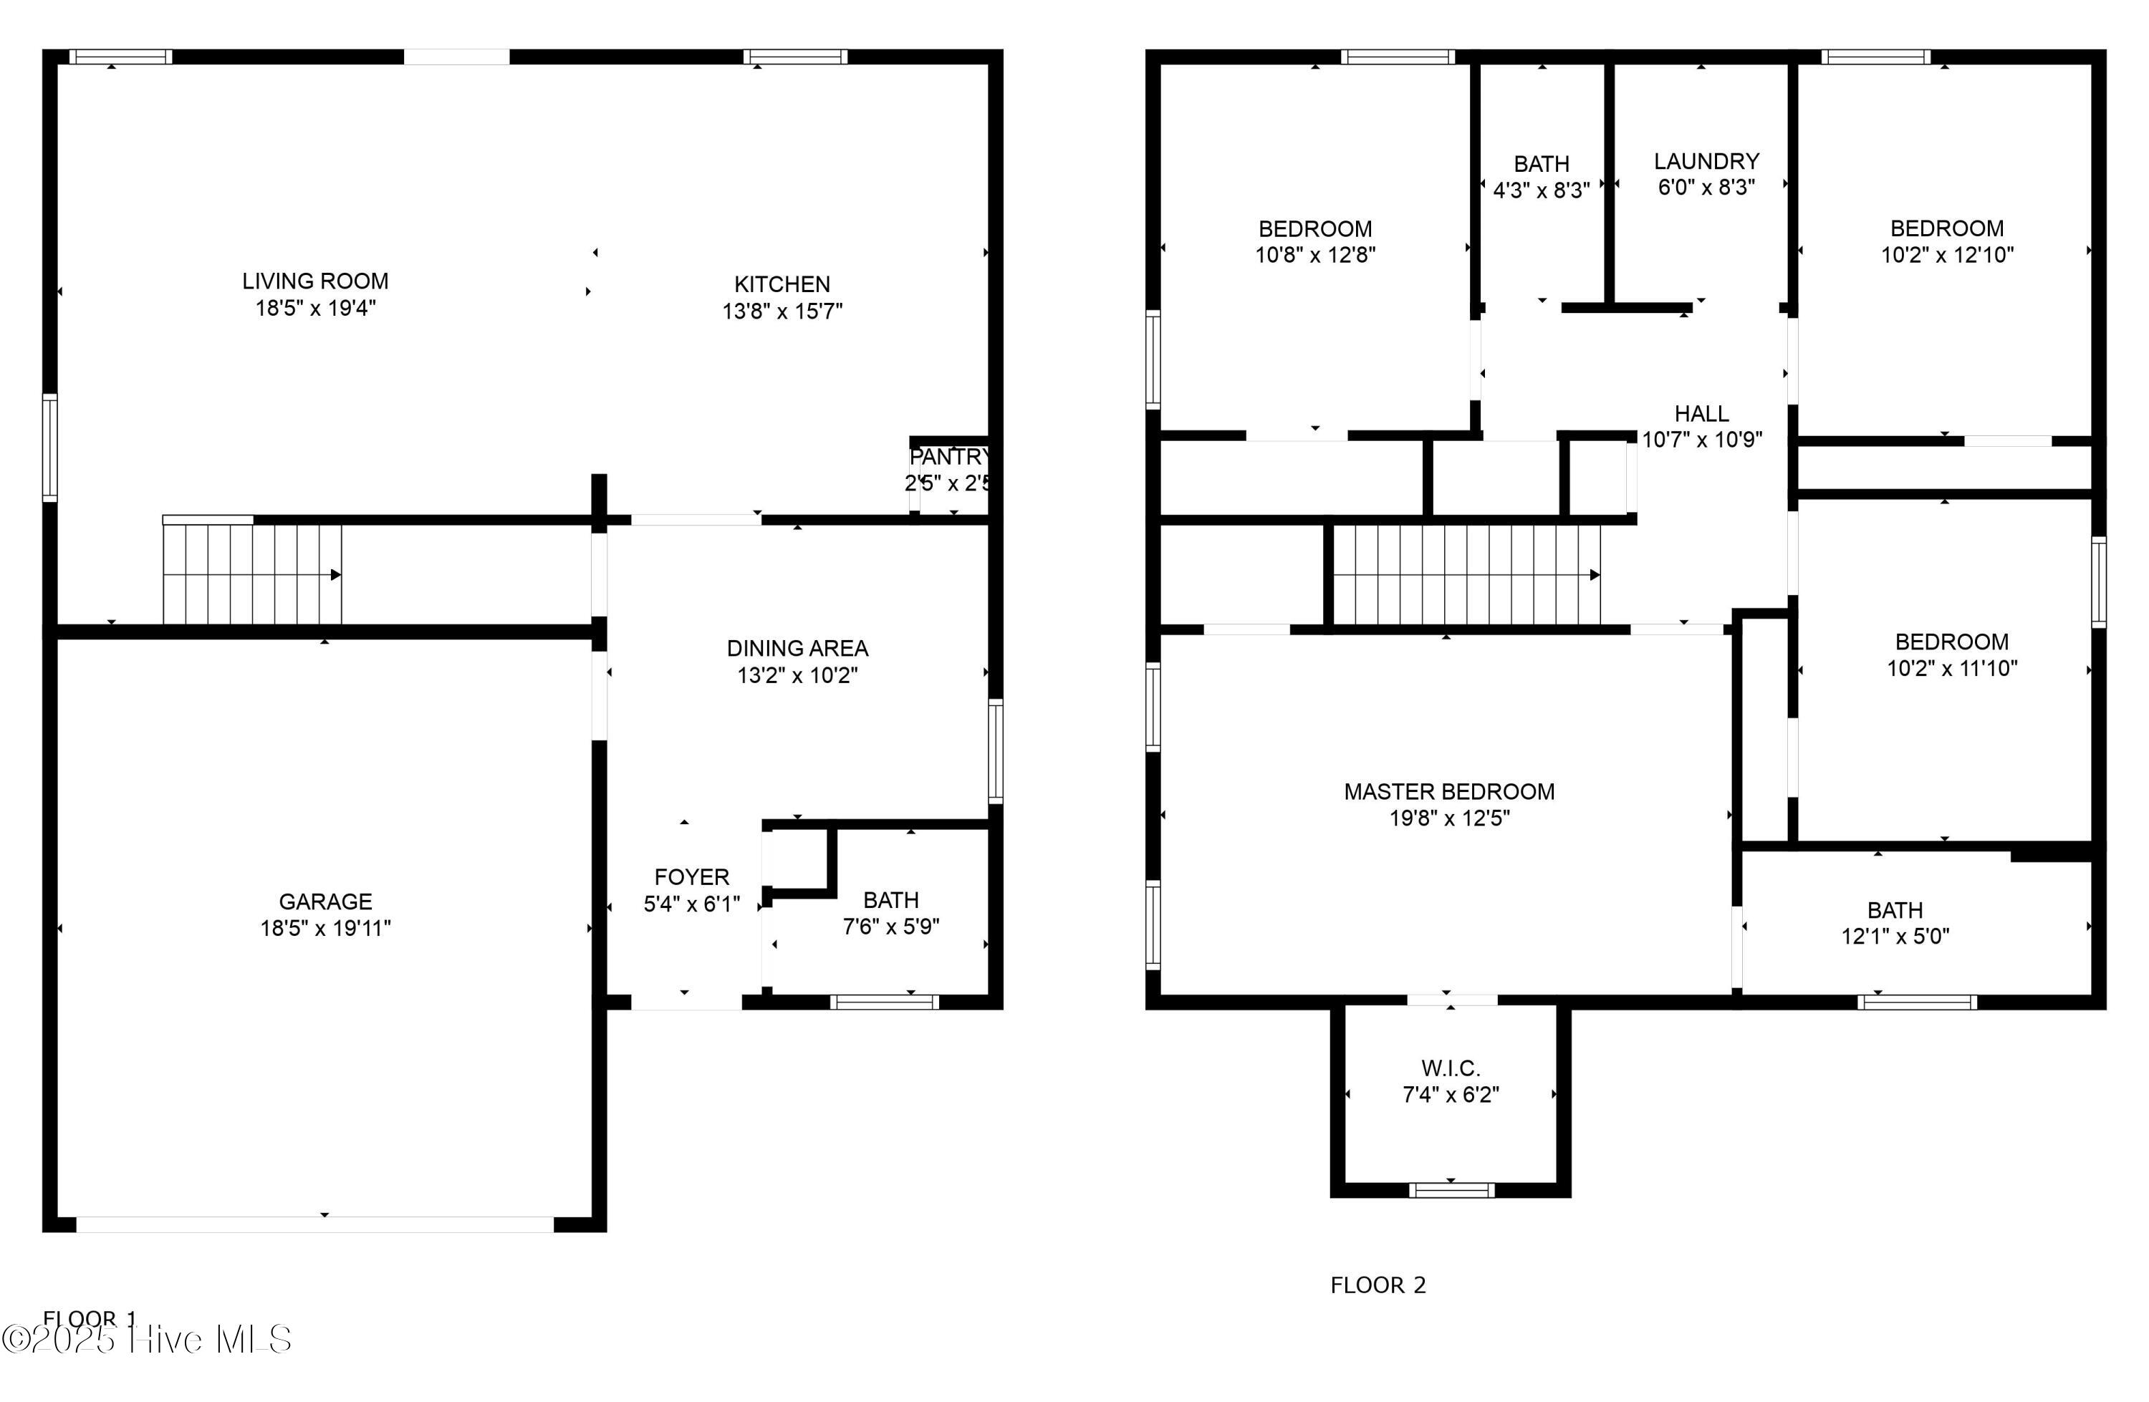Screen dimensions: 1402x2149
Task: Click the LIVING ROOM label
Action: pyautogui.click(x=315, y=281)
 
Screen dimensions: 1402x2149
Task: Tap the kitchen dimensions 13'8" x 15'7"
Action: pyautogui.click(x=782, y=311)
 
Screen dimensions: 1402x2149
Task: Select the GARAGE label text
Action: pyautogui.click(x=325, y=901)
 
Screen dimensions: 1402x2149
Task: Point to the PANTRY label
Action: pyautogui.click(x=948, y=457)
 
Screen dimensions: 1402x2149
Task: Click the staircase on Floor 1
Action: pyautogui.click(x=252, y=574)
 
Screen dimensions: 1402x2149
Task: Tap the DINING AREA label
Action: pyautogui.click(x=797, y=648)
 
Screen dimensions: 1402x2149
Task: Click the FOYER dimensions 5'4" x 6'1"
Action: pyautogui.click(x=692, y=904)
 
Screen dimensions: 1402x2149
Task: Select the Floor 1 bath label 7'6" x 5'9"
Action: pyautogui.click(x=891, y=927)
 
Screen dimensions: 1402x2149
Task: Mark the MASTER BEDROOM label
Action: pyautogui.click(x=1449, y=792)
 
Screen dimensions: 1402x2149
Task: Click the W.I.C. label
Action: pyautogui.click(x=1450, y=1068)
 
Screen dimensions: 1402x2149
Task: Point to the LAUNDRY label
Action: pyautogui.click(x=1706, y=162)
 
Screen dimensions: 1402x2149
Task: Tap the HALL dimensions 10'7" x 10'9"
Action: pyautogui.click(x=1701, y=440)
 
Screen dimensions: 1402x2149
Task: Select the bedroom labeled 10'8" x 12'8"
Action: pyautogui.click(x=1314, y=242)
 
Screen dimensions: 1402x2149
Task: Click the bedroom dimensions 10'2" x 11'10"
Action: pyautogui.click(x=1951, y=668)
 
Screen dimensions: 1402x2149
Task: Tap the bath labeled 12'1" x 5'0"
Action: pyautogui.click(x=1895, y=923)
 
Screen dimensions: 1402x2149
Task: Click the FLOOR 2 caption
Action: pyautogui.click(x=1378, y=1285)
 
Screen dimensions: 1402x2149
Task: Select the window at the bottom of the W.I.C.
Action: pyautogui.click(x=1451, y=1190)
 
